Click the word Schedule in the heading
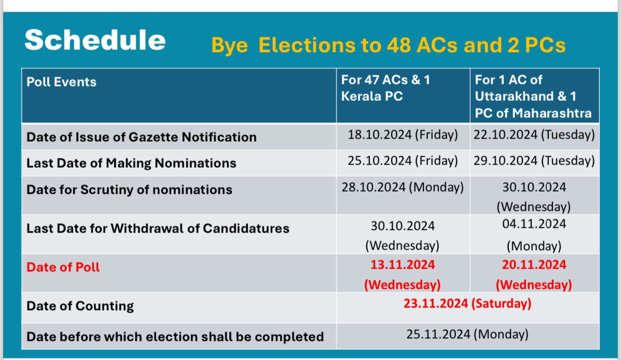(95, 40)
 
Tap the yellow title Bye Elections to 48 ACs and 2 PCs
(389, 45)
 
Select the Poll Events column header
(62, 82)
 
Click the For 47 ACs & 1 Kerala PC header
(386, 88)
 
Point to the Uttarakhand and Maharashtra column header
(533, 96)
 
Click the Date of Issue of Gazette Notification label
(141, 137)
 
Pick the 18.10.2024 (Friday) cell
(403, 135)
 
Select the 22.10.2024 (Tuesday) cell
(534, 135)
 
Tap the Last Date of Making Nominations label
(131, 163)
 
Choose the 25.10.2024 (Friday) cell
(403, 161)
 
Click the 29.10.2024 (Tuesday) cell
(534, 161)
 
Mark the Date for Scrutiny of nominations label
(129, 190)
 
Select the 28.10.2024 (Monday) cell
(403, 187)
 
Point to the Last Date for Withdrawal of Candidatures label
(158, 228)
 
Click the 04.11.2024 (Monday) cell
(534, 235)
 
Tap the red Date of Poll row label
(63, 267)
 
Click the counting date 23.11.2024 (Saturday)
(467, 304)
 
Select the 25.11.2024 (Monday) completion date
(467, 335)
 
